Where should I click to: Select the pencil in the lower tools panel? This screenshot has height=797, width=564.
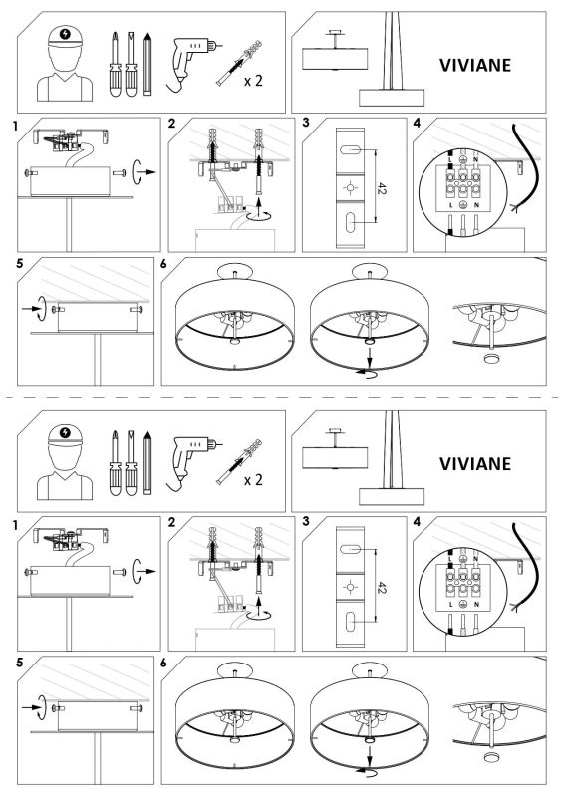[146, 462]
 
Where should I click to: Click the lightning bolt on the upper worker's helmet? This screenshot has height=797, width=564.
[66, 34]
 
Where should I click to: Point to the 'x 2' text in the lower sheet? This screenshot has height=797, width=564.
[255, 480]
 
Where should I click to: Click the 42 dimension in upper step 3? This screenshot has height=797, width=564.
[381, 186]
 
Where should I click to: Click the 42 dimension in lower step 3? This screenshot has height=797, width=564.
[381, 583]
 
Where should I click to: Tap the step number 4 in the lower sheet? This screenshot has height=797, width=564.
[417, 522]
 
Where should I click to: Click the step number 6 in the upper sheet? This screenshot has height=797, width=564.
[164, 265]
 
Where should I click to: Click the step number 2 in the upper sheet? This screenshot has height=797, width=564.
[172, 126]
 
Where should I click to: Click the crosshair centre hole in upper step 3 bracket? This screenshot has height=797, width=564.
[348, 187]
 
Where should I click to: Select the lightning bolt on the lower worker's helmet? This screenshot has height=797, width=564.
[66, 431]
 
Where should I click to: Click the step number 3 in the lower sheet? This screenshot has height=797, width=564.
[306, 522]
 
